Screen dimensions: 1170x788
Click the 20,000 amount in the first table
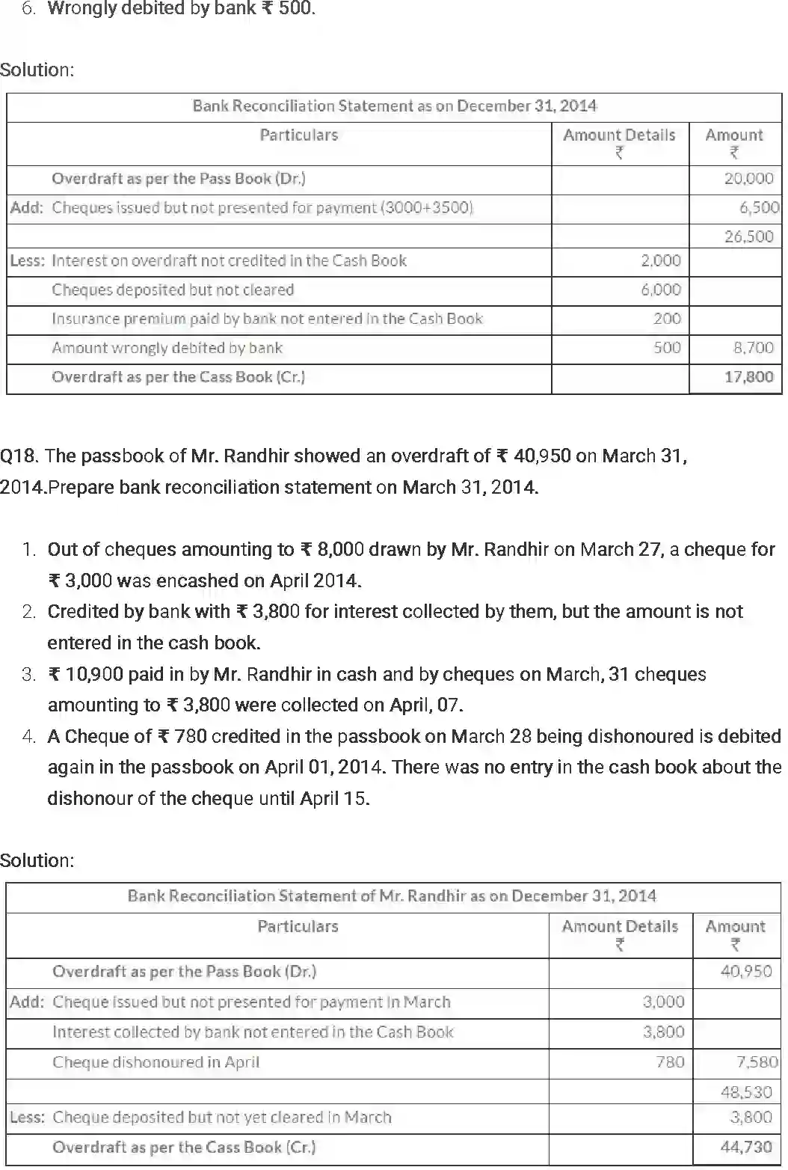click(748, 179)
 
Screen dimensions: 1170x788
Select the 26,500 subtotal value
click(748, 236)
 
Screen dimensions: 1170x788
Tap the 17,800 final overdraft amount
click(748, 377)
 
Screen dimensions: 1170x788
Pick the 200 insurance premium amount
click(667, 319)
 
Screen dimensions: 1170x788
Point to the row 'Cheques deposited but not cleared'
click(173, 290)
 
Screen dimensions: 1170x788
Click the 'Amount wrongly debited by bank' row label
click(167, 348)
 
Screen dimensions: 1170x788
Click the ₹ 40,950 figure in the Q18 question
click(534, 456)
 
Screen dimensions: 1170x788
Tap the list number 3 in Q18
click(29, 675)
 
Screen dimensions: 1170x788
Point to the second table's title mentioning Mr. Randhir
click(392, 896)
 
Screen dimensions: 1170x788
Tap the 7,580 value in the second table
click(757, 1062)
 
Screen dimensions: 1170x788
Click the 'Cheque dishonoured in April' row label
click(156, 1062)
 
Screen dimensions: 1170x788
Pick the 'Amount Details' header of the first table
click(619, 135)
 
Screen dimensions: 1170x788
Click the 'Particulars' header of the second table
click(298, 927)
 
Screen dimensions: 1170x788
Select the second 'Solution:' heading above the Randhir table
click(37, 860)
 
